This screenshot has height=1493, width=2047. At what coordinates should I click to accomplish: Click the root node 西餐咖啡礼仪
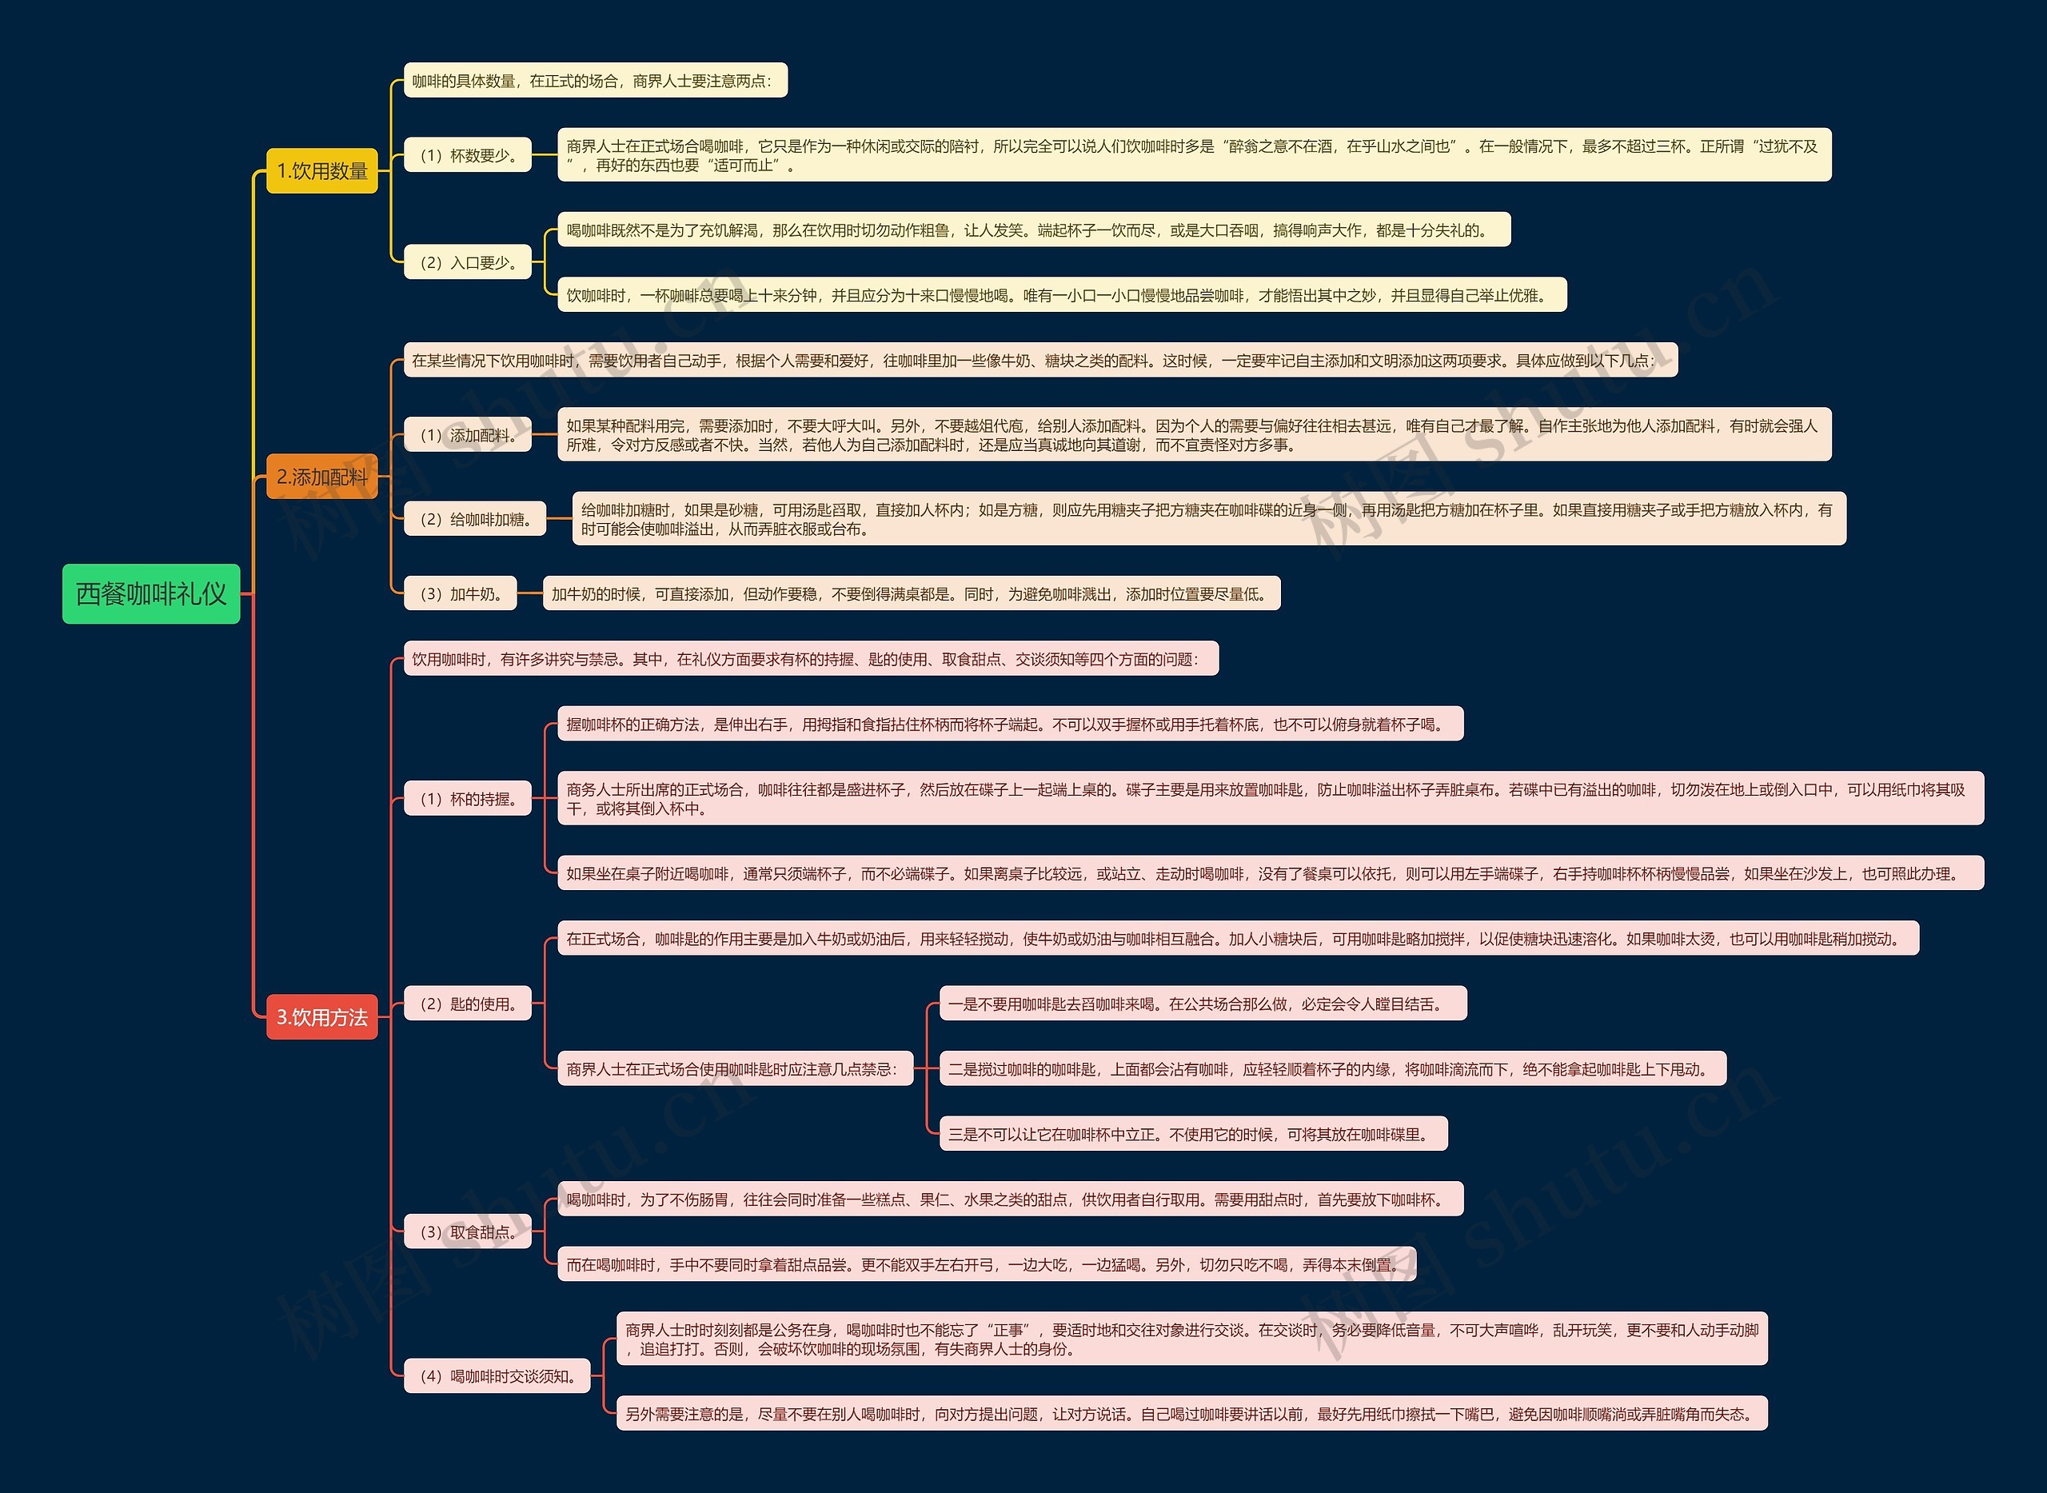[x=151, y=594]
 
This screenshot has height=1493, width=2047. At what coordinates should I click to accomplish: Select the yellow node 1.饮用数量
[x=321, y=171]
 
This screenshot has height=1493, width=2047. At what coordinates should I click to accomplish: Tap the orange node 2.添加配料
[x=321, y=477]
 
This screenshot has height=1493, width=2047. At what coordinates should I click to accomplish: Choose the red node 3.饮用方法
[x=321, y=1016]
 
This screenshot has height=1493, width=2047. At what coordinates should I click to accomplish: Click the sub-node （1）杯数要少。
[x=467, y=155]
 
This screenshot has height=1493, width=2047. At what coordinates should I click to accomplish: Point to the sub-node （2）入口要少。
[x=467, y=262]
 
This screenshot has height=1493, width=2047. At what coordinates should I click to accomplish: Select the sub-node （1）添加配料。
[x=467, y=435]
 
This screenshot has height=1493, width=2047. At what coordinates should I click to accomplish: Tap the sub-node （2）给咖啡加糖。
[x=474, y=519]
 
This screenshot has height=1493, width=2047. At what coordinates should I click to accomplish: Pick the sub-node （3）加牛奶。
[x=460, y=594]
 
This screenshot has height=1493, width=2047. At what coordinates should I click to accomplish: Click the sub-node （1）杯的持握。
[x=467, y=799]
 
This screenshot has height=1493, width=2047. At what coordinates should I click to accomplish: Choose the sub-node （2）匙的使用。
[x=467, y=1004]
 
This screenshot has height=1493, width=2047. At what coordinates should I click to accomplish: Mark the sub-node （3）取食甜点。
[x=467, y=1232]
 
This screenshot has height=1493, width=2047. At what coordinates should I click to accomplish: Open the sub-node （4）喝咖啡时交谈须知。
[x=497, y=1376]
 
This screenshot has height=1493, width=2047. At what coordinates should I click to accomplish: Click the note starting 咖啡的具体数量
[x=595, y=81]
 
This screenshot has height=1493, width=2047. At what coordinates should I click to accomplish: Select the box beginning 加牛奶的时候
[x=911, y=594]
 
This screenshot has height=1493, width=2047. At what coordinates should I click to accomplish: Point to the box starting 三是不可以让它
[x=1193, y=1134]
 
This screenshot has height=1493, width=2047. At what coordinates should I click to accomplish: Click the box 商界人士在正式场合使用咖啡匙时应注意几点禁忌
[x=735, y=1069]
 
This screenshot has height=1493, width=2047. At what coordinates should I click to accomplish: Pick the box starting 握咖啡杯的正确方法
[x=1009, y=724]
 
